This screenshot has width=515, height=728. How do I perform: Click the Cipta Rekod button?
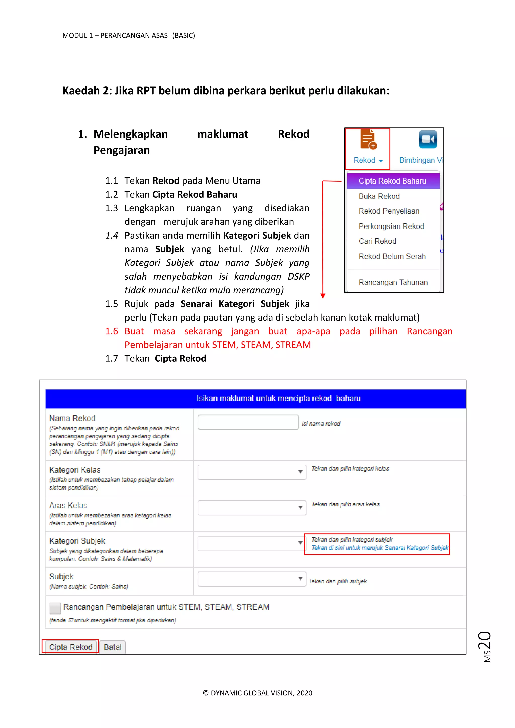70,647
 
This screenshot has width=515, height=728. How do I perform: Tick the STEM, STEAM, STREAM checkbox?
55,608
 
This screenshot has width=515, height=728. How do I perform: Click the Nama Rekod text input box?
248,422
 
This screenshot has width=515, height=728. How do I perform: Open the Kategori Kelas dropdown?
252,472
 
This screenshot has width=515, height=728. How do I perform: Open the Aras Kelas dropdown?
252,508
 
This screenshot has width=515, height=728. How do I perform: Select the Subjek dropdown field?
252,579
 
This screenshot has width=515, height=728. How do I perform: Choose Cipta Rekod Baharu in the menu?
392,181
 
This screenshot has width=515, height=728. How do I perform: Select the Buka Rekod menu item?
379,196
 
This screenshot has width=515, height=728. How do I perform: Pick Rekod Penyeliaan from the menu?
389,211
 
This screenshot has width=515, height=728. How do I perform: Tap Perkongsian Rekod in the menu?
391,226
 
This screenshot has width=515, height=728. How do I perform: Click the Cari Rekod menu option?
377,241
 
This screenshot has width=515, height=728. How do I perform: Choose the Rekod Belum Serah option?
392,256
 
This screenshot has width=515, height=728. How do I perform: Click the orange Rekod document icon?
368,140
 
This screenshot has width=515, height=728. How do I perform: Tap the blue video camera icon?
427,140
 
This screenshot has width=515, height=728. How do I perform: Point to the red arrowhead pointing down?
323,296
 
